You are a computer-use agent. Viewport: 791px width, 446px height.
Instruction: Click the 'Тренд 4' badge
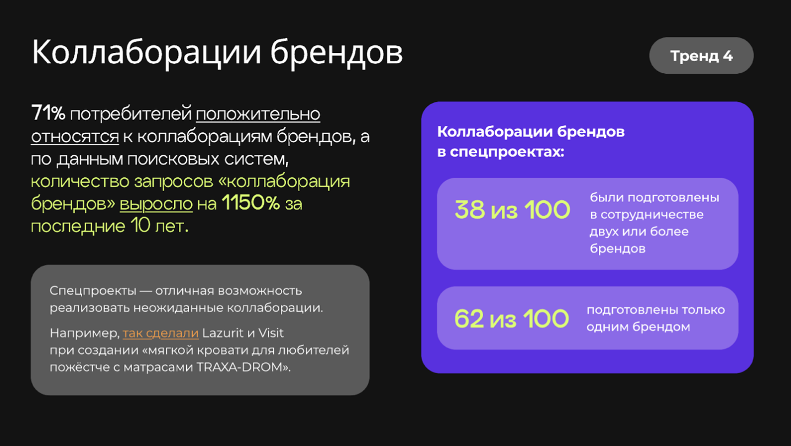click(701, 56)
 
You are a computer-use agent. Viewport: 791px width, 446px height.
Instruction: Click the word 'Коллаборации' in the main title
click(146, 53)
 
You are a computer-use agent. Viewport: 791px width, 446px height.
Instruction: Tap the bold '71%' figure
click(48, 113)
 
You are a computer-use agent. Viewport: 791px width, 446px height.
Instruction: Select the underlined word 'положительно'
click(258, 114)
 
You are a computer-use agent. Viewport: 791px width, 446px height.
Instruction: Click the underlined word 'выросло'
click(156, 204)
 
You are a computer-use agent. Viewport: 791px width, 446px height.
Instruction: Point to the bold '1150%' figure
click(251, 203)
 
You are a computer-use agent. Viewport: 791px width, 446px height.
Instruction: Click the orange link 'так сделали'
click(161, 333)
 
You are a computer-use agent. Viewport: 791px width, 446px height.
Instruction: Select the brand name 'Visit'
click(271, 333)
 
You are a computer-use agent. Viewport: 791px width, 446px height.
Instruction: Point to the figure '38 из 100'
click(512, 210)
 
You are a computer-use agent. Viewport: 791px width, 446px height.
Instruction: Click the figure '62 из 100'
click(512, 319)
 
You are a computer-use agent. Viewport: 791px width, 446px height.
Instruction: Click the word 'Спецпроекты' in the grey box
click(93, 291)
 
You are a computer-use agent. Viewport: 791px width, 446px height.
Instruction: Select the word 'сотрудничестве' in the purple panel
click(652, 215)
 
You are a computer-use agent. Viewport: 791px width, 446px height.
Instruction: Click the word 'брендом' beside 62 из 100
click(661, 327)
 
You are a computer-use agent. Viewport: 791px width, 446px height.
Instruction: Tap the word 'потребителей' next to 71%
click(131, 114)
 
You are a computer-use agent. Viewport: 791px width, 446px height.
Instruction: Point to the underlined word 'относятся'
click(75, 137)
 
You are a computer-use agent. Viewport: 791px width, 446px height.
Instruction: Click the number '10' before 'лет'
click(140, 225)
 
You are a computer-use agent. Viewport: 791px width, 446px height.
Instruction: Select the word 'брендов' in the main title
click(337, 53)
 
